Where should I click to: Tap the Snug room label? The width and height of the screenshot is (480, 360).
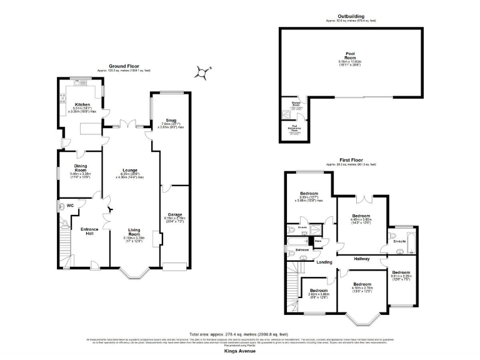171,120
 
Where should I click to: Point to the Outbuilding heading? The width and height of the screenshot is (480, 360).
349,16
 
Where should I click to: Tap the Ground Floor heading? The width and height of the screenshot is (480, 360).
124,66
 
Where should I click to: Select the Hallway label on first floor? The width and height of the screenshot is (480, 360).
362,258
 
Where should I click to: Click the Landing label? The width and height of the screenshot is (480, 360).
324,262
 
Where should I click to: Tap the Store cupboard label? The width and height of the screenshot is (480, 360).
317,240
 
